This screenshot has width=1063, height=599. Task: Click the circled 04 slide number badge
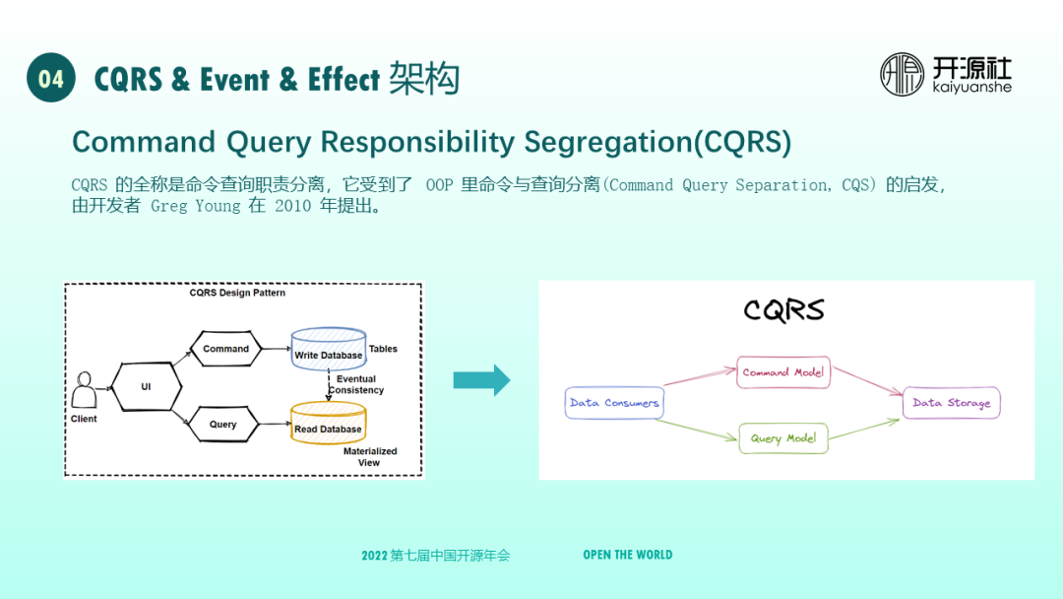[51, 78]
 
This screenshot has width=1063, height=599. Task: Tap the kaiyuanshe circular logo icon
[902, 75]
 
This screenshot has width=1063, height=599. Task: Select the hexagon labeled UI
[146, 387]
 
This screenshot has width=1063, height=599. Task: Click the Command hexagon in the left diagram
[226, 349]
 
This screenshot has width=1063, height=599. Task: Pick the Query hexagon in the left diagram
[223, 425]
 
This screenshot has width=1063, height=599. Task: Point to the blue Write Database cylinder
[328, 350]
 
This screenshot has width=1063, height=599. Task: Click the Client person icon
[84, 390]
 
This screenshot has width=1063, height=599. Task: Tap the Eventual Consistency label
[355, 384]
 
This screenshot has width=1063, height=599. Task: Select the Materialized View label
[370, 457]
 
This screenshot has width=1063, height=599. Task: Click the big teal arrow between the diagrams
[481, 380]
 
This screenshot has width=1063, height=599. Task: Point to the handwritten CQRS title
[783, 310]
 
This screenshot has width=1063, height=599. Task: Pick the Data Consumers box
[614, 403]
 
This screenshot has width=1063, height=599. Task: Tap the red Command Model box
[783, 372]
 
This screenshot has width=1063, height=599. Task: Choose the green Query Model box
[783, 438]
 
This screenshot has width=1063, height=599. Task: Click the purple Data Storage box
[952, 403]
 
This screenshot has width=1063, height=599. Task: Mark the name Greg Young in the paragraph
[196, 207]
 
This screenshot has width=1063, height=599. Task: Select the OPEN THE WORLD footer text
[628, 555]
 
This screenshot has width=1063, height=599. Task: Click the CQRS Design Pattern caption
[237, 293]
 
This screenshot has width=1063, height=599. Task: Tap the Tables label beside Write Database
[383, 349]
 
